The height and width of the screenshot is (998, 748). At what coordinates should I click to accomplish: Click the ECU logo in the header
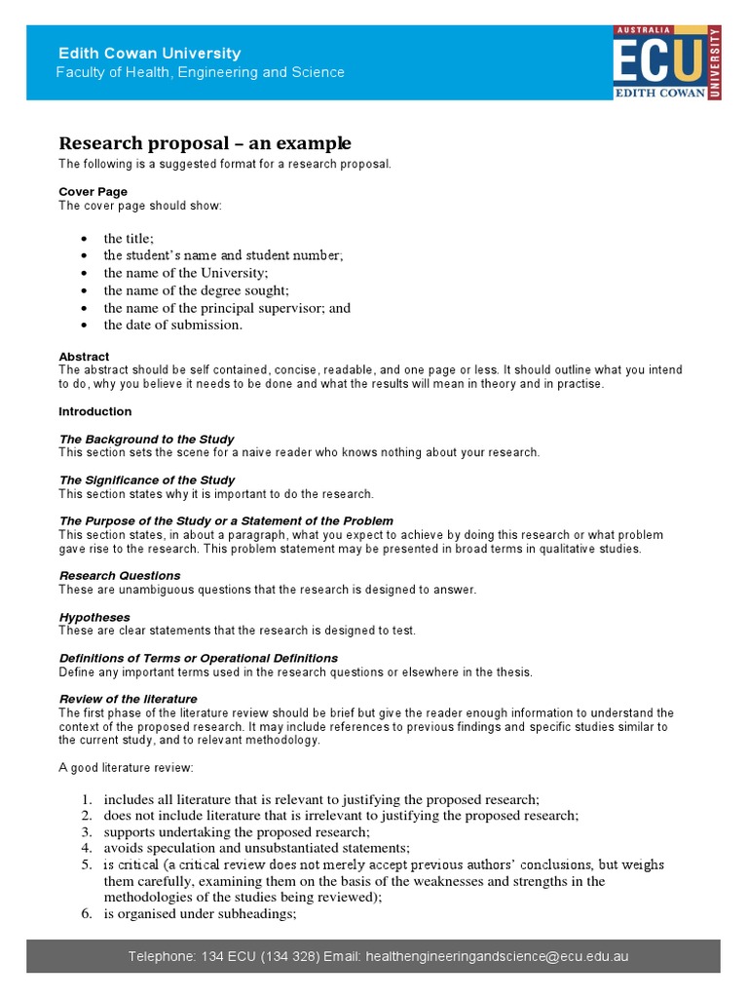665,62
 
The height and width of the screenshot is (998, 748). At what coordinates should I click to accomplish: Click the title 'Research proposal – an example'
205,143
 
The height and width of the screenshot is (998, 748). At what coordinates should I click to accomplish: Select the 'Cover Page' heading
93,192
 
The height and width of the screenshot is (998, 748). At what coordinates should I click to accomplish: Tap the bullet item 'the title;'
129,239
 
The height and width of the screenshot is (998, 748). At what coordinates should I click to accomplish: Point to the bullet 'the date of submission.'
172,326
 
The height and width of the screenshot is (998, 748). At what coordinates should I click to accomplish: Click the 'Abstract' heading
84,357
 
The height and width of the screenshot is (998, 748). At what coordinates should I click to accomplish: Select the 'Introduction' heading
94,411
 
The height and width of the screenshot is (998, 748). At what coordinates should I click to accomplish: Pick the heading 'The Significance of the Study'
146,480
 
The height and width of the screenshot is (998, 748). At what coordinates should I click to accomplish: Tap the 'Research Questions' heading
120,576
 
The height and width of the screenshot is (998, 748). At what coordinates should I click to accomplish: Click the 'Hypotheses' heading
94,617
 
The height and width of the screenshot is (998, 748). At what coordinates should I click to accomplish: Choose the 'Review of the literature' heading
128,699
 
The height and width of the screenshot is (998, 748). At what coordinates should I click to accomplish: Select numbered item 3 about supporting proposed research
237,832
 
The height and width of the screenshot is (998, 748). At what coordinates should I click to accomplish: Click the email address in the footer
497,956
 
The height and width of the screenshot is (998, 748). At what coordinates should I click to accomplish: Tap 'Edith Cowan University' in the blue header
150,54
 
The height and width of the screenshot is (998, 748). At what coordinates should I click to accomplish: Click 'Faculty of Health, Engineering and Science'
200,73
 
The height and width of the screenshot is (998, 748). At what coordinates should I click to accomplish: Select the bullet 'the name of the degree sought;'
196,290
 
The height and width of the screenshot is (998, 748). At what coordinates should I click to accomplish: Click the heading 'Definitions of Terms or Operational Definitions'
198,658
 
